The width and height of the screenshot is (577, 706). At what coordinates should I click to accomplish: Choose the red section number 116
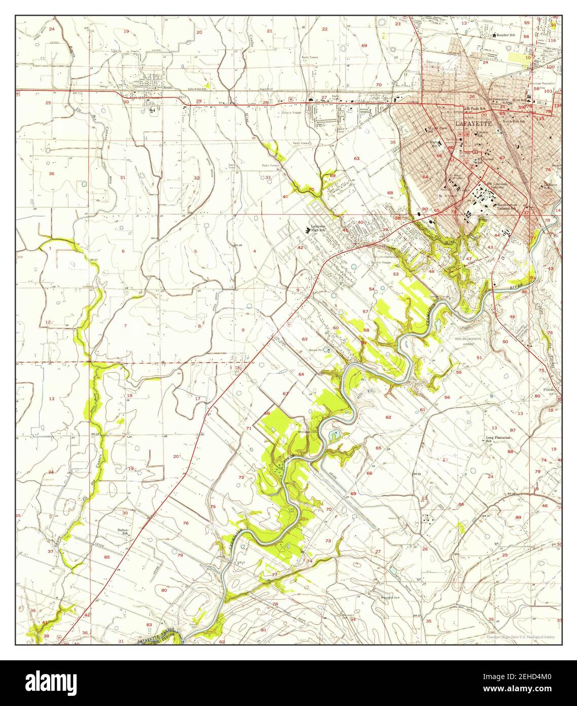[x=552, y=40]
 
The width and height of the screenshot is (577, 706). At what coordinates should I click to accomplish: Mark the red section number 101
[x=548, y=92]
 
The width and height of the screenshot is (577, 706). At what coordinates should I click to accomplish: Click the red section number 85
[x=107, y=557]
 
